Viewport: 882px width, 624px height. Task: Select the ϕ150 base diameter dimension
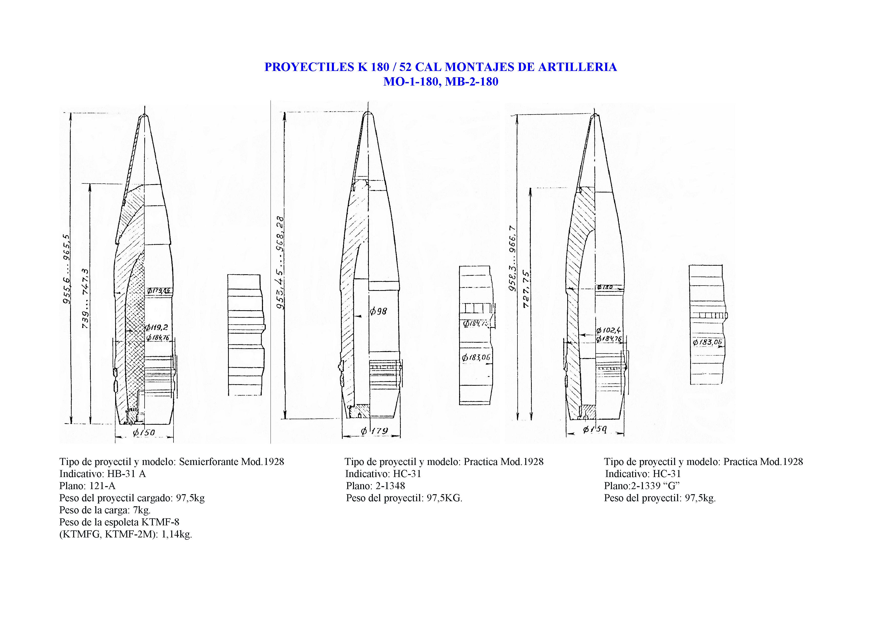point(144,433)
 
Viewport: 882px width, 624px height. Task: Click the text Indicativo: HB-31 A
point(103,474)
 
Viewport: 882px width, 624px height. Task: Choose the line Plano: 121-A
point(87,486)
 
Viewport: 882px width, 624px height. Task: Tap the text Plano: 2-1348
point(375,486)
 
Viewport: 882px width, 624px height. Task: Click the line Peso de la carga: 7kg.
point(105,510)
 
